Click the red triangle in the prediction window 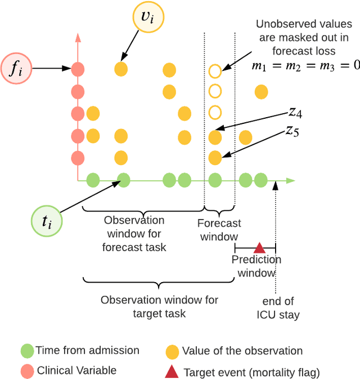click(259, 247)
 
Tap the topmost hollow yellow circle click(214, 71)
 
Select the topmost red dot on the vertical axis click(78, 69)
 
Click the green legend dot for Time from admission click(27, 350)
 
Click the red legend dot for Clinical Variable click(27, 371)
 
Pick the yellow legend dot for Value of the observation click(173, 351)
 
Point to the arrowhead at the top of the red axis click(78, 37)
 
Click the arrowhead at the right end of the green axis click(290, 180)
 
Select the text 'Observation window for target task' click(159, 306)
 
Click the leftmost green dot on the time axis click(93, 180)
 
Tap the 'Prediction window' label click(256, 266)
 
